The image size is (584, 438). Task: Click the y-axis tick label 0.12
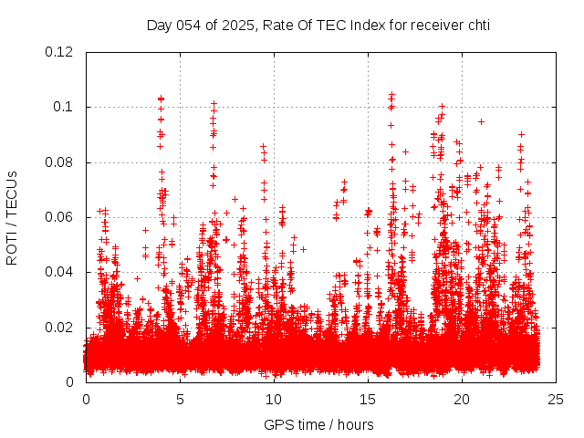[x=59, y=52]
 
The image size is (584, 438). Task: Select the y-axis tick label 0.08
[x=59, y=162]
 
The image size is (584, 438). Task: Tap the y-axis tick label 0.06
[x=59, y=217]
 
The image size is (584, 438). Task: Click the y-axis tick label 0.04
[x=59, y=272]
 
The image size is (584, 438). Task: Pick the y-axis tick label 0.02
[x=59, y=327]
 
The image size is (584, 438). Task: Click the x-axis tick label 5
[x=181, y=399]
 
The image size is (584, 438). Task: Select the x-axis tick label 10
[x=274, y=399]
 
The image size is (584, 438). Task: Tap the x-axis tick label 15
[x=368, y=399]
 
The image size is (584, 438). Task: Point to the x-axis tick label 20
[x=462, y=399]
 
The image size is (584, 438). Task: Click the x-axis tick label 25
[x=556, y=399]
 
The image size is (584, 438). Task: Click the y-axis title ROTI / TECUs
[x=13, y=217]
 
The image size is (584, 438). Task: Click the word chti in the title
[x=474, y=25]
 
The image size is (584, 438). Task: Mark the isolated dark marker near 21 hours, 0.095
[x=481, y=120]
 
